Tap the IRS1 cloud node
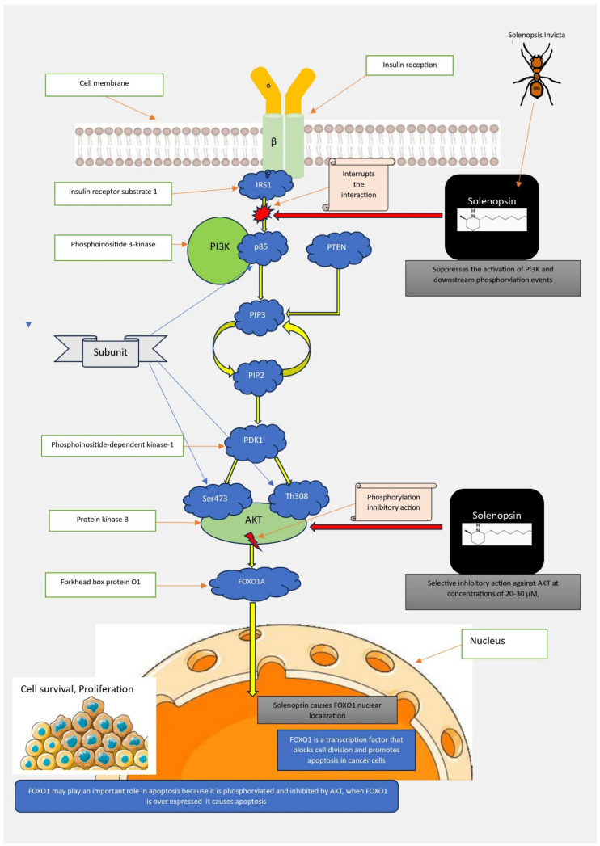(x=264, y=184)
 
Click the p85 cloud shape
(x=261, y=246)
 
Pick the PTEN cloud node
(x=339, y=248)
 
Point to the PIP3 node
(x=258, y=316)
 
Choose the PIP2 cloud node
(x=258, y=376)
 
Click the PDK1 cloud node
(x=255, y=441)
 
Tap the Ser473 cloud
(x=216, y=499)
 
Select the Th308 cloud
(x=298, y=497)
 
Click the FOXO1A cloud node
(x=254, y=583)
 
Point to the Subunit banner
(x=111, y=351)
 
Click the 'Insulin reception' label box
(x=409, y=65)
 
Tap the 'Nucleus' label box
(x=505, y=643)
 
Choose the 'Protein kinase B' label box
(x=103, y=520)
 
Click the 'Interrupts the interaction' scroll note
(x=358, y=184)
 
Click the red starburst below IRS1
(x=263, y=213)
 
